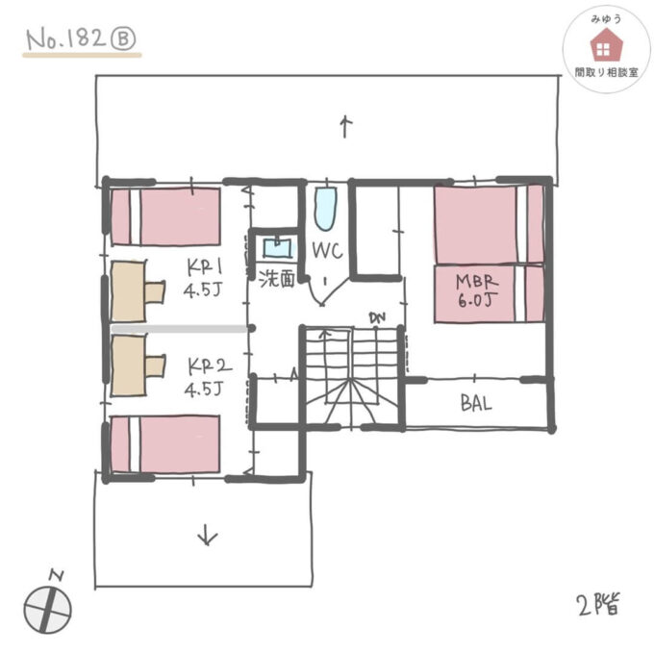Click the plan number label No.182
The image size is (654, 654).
(66, 40)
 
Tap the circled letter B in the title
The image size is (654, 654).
(125, 40)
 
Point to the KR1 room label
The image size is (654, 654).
(205, 277)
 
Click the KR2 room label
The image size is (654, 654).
(205, 377)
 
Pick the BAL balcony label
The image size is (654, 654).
(476, 404)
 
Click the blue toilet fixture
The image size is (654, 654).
(324, 207)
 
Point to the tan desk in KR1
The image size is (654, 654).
(131, 290)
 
